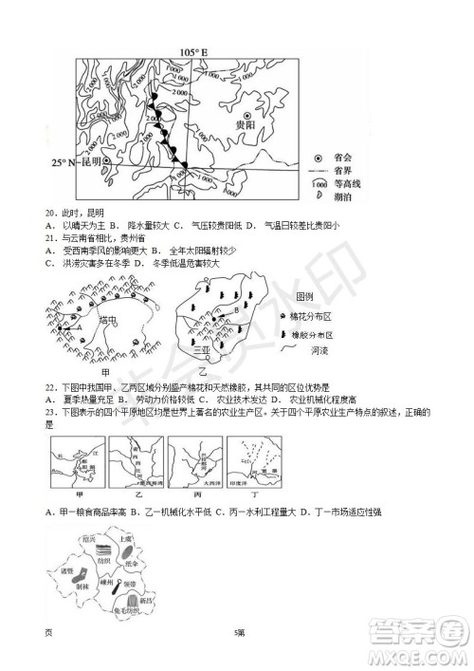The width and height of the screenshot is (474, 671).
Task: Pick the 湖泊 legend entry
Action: tap(343, 196)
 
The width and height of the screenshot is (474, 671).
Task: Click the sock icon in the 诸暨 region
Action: tap(78, 575)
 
